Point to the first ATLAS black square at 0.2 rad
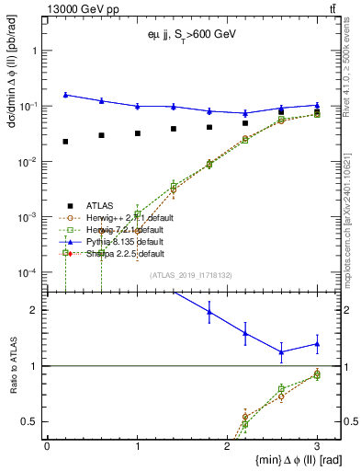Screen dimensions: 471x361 click(x=65, y=142)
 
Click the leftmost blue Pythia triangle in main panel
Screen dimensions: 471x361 click(x=65, y=95)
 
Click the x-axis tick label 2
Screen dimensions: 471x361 click(x=226, y=445)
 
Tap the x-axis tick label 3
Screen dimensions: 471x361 click(x=316, y=445)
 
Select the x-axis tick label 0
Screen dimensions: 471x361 click(x=47, y=445)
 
